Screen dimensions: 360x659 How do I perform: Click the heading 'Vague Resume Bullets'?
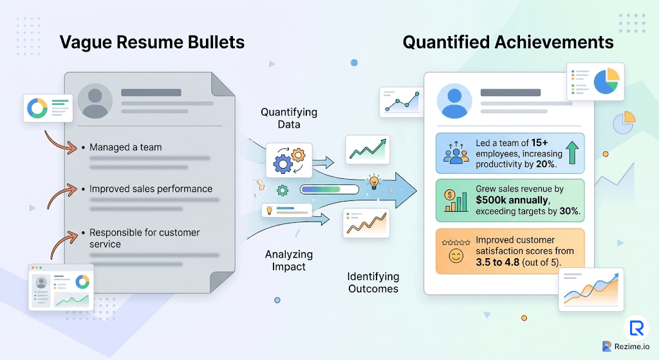tap(152, 43)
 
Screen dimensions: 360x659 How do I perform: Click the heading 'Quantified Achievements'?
tap(508, 43)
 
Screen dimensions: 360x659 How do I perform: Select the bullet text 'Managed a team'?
tap(125, 147)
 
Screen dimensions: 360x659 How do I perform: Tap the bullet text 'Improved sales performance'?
tap(151, 189)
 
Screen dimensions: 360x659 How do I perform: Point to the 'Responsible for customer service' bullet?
tap(144, 238)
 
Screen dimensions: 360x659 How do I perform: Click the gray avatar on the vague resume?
tap(95, 101)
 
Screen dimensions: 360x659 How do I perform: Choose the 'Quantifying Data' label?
tap(289, 118)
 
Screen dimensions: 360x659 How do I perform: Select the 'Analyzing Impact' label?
tap(289, 261)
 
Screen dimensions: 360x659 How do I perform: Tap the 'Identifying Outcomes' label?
tap(373, 283)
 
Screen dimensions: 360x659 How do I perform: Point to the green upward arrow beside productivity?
tap(572, 153)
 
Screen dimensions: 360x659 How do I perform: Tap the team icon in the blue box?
tap(456, 153)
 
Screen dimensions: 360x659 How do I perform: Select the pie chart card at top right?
tap(595, 82)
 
